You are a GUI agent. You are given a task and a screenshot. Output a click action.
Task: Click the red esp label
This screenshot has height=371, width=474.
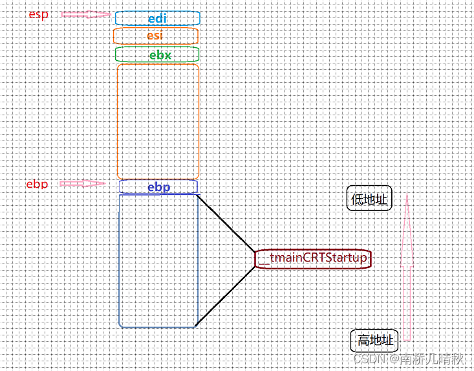(39, 14)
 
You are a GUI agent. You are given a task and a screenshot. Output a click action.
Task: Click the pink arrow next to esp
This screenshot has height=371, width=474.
(86, 14)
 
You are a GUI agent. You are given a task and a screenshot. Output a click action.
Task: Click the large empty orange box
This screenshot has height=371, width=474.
(158, 121)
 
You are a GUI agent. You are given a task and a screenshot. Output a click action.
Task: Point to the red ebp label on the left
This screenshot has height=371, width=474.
(37, 184)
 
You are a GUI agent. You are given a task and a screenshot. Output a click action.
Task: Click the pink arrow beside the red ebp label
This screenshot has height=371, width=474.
(82, 183)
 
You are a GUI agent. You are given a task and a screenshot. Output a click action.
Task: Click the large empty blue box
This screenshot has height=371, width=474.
(158, 260)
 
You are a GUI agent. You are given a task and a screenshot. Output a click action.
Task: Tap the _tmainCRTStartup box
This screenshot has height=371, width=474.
(313, 258)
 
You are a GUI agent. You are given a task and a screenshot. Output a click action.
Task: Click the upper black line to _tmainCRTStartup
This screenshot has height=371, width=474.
(226, 223)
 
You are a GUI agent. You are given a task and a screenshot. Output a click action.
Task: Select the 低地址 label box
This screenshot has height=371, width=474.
(369, 200)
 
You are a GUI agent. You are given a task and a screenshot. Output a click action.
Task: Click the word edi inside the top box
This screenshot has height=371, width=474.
(157, 19)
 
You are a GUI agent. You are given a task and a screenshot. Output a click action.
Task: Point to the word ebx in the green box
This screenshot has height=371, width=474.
(160, 55)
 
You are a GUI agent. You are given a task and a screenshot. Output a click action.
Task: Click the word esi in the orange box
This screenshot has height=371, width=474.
(155, 36)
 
